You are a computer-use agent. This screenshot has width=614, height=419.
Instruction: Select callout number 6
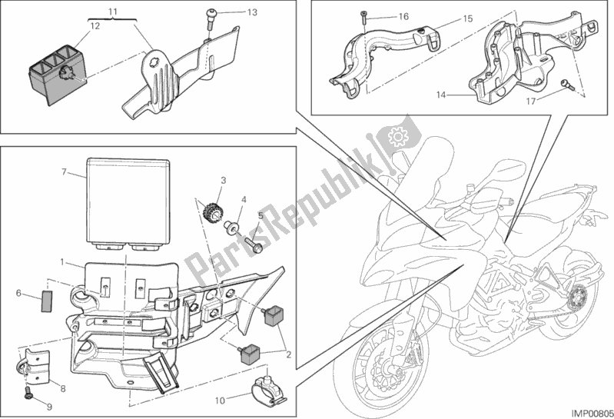tap(18, 293)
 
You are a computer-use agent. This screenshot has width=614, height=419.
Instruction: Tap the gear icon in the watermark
tap(399, 138)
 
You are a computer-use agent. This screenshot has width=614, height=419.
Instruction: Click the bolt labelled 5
tap(253, 241)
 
